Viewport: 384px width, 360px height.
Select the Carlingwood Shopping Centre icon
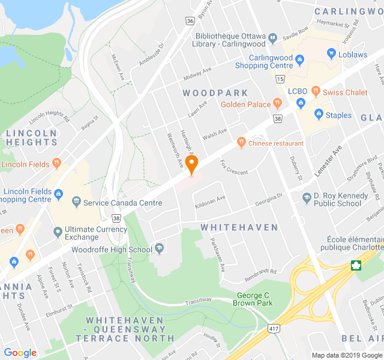coord(300,58)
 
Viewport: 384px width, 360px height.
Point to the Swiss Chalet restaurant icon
coord(316,92)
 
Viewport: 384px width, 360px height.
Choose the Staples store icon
coord(319,113)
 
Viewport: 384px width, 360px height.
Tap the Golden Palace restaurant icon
coord(277,104)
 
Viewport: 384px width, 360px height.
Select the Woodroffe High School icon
coord(160,248)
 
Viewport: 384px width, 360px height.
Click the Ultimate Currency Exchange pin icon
coord(58,231)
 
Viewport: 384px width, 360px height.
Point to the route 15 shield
coord(280,79)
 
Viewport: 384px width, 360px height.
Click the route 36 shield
coord(190,21)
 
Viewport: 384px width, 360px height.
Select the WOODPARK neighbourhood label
coord(215,93)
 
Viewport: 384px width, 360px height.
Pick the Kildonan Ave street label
coord(211,202)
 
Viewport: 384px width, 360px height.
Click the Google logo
coord(20,352)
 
